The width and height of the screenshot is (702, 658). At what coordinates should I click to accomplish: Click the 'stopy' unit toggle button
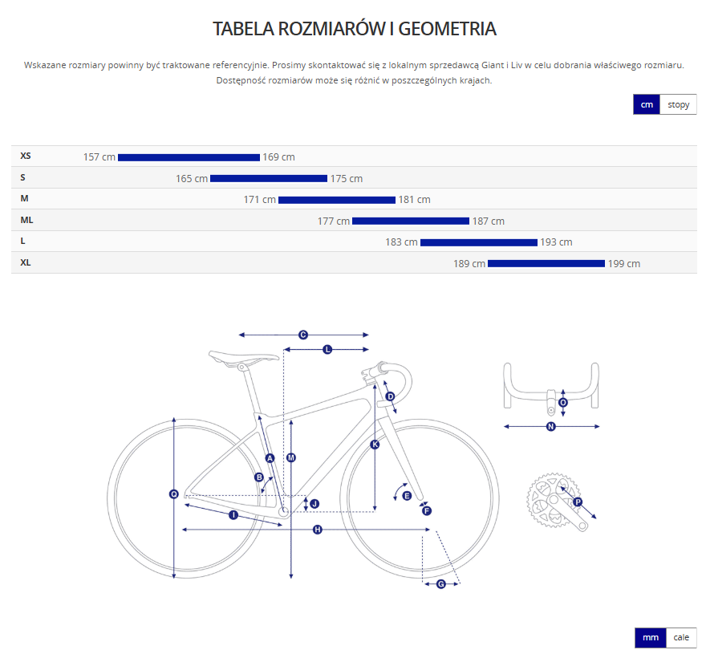(x=678, y=104)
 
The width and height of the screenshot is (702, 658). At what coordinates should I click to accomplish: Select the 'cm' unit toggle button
(x=646, y=104)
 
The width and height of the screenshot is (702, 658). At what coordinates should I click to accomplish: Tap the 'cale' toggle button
(x=680, y=637)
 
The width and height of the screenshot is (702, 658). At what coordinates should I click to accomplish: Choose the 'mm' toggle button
(x=650, y=637)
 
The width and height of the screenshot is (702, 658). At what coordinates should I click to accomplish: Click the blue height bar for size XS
(x=189, y=157)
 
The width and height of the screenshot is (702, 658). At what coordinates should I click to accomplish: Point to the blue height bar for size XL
(x=546, y=263)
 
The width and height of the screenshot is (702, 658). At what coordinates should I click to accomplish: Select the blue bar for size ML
(x=410, y=221)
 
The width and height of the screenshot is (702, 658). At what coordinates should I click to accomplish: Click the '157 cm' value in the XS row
(x=99, y=157)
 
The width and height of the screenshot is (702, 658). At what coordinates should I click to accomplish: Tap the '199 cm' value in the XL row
(x=624, y=263)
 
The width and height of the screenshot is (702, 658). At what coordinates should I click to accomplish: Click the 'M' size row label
(x=25, y=198)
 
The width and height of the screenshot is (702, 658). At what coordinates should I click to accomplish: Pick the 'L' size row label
(x=23, y=241)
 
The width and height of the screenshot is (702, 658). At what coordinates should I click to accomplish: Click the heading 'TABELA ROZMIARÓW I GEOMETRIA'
(x=355, y=29)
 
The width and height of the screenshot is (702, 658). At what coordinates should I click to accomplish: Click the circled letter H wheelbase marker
(x=317, y=530)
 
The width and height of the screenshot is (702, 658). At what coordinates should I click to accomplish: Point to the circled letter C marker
(x=303, y=335)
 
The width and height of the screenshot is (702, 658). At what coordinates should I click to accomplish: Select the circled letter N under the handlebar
(x=550, y=426)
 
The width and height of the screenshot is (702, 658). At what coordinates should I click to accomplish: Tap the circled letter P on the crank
(x=577, y=502)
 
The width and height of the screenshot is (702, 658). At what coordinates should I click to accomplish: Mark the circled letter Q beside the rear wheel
(x=173, y=494)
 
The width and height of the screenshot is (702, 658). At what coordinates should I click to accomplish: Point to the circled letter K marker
(x=375, y=444)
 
